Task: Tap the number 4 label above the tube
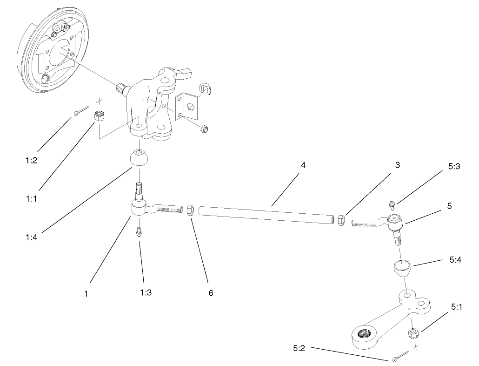[x=303, y=165]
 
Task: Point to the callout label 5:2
[x=299, y=347]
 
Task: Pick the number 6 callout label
[x=210, y=293]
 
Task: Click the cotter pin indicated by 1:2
[x=81, y=111]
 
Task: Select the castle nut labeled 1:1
[x=99, y=116]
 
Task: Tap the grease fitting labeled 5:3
[x=392, y=203]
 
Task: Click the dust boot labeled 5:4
[x=402, y=268]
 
